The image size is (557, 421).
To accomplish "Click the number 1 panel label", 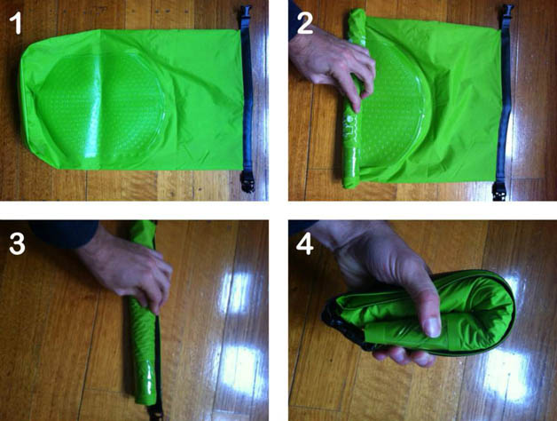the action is coord(15,24).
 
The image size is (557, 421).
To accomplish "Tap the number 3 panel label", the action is coord(17,244).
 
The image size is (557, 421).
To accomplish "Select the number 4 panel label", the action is coord(305,244).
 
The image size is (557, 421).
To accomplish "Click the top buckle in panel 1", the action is coord(246,17).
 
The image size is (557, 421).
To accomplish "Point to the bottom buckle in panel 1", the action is coord(247,181).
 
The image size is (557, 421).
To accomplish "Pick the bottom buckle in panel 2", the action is coord(500,191).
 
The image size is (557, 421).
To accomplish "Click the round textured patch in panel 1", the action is coord(101,107).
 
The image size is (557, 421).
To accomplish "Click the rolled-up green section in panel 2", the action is coord(353,99).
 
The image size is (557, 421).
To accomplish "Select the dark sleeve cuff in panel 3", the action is coord(64,233).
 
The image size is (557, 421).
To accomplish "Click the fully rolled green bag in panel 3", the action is coord(144,314).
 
